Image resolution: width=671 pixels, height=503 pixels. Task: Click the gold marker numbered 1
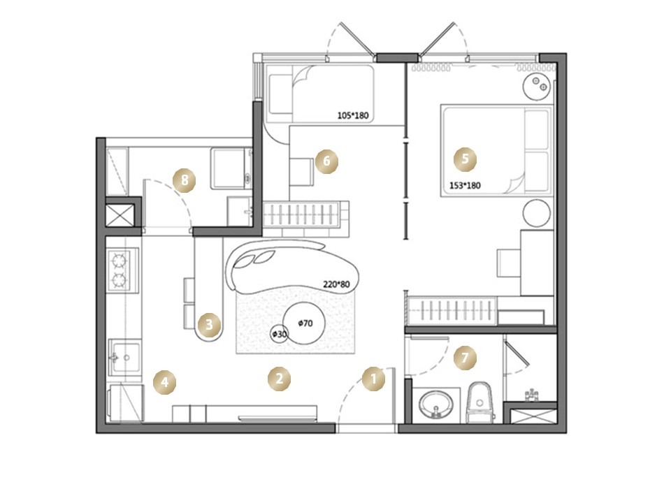click(373, 379)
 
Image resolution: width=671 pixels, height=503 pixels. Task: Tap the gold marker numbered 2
click(280, 379)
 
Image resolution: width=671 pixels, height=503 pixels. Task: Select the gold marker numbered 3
click(209, 325)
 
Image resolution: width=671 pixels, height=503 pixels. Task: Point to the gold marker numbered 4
click(165, 382)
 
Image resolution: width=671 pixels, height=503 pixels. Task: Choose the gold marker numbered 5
click(466, 159)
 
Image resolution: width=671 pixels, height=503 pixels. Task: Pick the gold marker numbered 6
click(326, 161)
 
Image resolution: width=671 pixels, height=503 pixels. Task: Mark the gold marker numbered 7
click(466, 358)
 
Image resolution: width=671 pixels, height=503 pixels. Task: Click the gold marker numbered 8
click(185, 180)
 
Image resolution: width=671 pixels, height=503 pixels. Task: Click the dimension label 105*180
click(352, 115)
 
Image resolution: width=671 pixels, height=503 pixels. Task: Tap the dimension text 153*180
click(465, 186)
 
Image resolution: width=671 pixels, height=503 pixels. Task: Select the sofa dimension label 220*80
click(336, 284)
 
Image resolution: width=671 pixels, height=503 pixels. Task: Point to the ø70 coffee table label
click(305, 323)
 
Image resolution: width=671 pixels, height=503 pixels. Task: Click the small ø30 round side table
click(280, 334)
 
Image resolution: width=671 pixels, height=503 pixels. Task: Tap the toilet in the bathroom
click(479, 402)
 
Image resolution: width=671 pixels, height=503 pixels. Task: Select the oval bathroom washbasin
click(436, 405)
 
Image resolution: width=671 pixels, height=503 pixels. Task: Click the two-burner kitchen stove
click(122, 270)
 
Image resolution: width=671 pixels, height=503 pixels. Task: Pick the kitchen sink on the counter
click(125, 357)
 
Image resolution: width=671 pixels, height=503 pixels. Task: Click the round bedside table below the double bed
click(537, 213)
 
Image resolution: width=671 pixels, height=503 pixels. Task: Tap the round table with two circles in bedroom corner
click(537, 85)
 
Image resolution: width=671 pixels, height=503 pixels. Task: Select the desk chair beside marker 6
click(302, 172)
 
